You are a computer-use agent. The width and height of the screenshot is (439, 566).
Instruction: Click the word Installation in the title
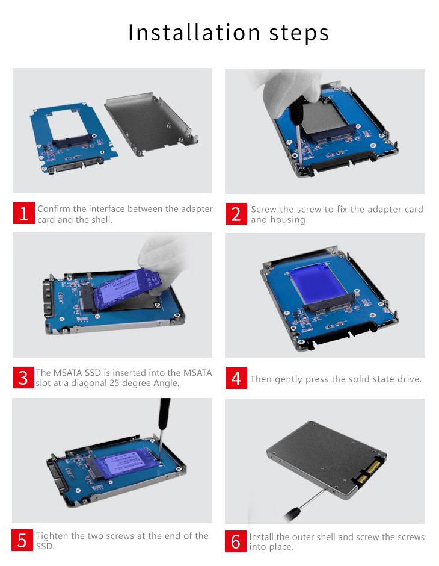pos(194,32)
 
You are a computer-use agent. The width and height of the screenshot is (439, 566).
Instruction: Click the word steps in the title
pos(299,34)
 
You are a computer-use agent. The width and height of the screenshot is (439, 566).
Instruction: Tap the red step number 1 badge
pos(24,213)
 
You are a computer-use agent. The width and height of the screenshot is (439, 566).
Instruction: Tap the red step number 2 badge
pos(236,214)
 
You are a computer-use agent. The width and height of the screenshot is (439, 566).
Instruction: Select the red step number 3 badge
pos(23,378)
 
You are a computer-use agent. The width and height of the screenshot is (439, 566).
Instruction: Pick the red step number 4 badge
pos(236,378)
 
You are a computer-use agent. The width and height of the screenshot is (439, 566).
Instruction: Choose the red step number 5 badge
pos(22,540)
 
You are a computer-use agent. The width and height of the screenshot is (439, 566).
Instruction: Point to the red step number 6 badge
pos(236,541)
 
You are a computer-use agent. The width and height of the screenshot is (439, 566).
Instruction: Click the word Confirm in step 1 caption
pos(54,209)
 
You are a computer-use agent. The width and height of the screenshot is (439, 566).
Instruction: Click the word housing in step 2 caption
pos(287,220)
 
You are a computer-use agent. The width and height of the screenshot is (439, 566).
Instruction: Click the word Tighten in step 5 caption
pos(52,536)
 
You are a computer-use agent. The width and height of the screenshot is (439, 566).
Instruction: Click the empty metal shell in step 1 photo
pos(152,124)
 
